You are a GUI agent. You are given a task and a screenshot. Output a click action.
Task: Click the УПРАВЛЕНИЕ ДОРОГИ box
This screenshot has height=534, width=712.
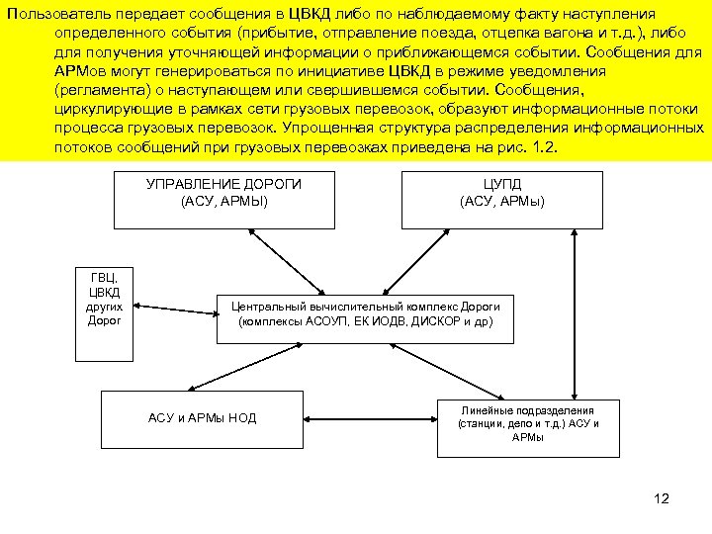[x=223, y=199]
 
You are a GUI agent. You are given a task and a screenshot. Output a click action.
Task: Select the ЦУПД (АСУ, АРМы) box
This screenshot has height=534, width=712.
[x=501, y=199]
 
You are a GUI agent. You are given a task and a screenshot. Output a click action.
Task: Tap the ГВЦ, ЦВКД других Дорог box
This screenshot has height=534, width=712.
[x=104, y=312]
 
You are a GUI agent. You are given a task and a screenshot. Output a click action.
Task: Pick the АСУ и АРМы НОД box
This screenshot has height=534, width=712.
[x=202, y=418]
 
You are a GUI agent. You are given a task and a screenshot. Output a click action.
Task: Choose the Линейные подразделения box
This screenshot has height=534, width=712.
[x=528, y=427]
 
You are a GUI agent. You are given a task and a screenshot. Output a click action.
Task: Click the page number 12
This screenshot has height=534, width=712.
[x=662, y=498]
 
